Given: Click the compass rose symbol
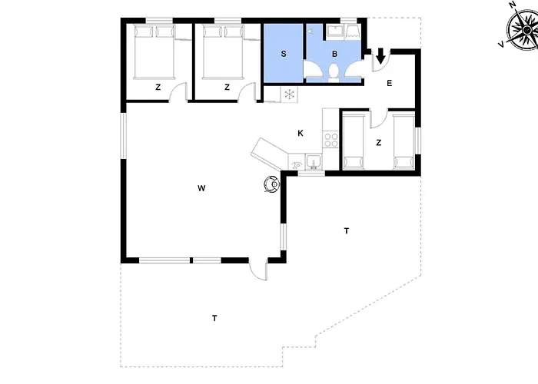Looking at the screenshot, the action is (x=523, y=30).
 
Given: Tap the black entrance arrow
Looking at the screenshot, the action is (x=380, y=56).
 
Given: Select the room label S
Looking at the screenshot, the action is (x=284, y=54).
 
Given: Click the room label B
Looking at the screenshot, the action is (x=334, y=54).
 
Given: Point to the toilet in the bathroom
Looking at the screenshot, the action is (x=333, y=73).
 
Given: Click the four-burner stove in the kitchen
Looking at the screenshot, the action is (x=331, y=139).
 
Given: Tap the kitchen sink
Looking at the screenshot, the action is (x=314, y=162).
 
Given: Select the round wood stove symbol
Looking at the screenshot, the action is (x=272, y=184).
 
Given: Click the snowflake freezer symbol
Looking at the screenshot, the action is (x=290, y=94).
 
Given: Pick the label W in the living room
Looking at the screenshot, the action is (x=201, y=188).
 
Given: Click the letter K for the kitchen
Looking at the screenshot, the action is (x=301, y=133).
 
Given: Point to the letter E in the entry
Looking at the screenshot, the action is (x=389, y=83).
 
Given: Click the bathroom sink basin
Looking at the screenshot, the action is (x=333, y=31).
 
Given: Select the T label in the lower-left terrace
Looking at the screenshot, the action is (x=214, y=318).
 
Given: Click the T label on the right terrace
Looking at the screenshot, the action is (x=347, y=230).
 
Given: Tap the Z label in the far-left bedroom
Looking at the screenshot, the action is (x=158, y=87).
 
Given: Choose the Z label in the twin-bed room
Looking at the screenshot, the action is (x=378, y=142).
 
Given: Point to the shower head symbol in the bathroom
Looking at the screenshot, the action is (x=310, y=31).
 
